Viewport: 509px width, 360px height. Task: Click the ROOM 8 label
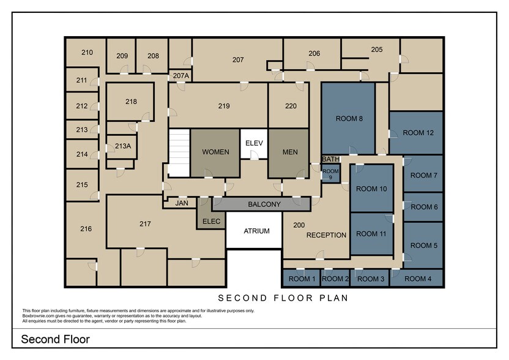click(x=349, y=119)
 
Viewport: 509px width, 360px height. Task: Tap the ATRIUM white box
click(x=256, y=231)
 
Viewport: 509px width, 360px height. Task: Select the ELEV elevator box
click(x=254, y=143)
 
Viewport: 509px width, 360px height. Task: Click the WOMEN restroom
click(x=215, y=152)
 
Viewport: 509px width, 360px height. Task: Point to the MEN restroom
click(x=290, y=152)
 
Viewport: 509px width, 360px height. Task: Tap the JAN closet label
click(x=182, y=203)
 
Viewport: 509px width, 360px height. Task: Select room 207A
click(x=181, y=76)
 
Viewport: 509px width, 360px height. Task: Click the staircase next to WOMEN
click(x=179, y=153)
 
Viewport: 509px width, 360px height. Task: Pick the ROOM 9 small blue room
click(x=330, y=174)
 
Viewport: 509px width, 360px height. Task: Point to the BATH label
click(x=330, y=159)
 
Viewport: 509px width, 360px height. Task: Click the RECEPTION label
click(x=326, y=235)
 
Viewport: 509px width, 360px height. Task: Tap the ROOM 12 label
click(x=418, y=133)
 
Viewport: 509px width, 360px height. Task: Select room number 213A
click(x=123, y=146)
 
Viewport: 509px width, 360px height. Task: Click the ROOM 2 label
click(x=335, y=279)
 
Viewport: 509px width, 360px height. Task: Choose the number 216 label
click(x=86, y=229)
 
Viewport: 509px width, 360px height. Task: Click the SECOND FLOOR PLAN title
click(x=283, y=298)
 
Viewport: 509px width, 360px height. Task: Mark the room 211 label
click(x=82, y=80)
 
